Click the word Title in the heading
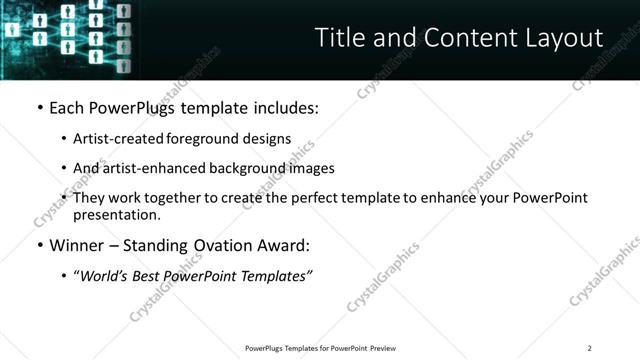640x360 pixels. coord(336,38)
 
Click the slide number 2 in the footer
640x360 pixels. coord(589,348)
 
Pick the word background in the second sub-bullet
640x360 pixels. coord(247,168)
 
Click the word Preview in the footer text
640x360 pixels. coord(384,348)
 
